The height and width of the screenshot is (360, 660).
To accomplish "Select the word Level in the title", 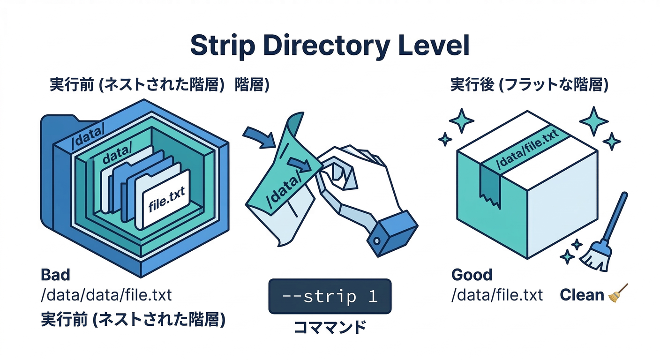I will pos(435,46).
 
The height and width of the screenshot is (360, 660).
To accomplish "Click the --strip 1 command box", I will pos(330,296).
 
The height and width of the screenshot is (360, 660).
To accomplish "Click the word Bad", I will pos(56,275).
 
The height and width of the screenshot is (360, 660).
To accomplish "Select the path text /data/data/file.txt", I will pos(106,295).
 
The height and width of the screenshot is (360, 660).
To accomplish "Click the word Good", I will pos(472,275).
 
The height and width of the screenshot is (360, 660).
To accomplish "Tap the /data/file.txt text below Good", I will pos(497,295).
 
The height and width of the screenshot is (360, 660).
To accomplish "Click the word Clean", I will pos(582,295).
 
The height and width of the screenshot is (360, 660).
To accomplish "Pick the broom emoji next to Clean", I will pos(618,294).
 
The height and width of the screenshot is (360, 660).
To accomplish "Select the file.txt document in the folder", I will pos(166,199).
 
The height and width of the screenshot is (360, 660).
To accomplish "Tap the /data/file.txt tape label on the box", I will pos(527,151).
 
